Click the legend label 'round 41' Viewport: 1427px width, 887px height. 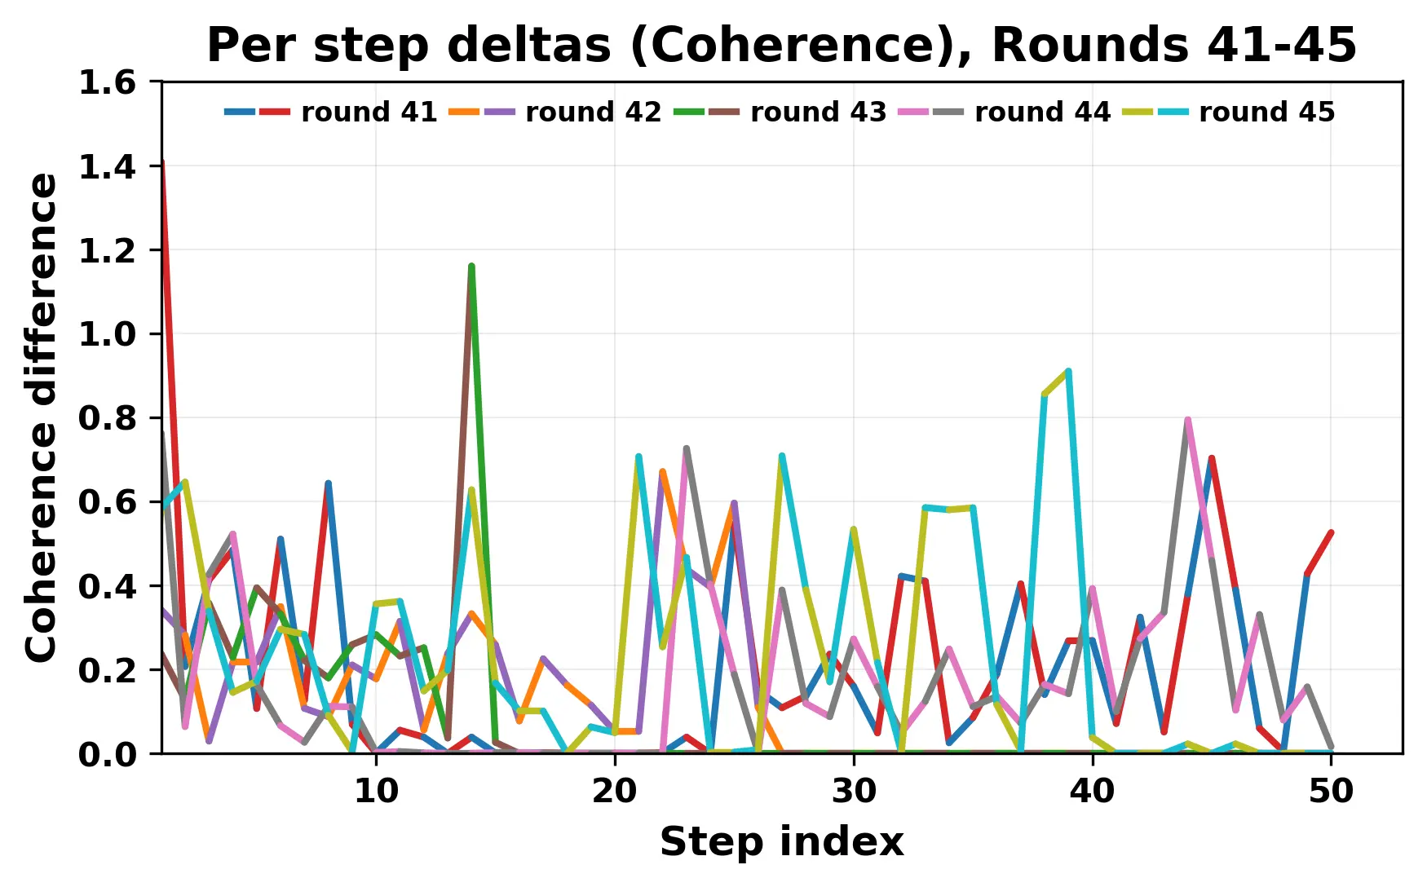tap(369, 112)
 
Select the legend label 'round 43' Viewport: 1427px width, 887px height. tap(818, 112)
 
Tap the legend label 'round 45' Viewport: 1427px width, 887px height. tap(1266, 112)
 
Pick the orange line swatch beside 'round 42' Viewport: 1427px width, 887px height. tap(464, 112)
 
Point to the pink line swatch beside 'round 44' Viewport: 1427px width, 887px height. tap(913, 112)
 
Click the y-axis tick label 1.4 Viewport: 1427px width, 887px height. tap(106, 166)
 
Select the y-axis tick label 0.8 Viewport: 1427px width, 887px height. tap(106, 418)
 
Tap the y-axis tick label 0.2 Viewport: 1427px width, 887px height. tap(106, 670)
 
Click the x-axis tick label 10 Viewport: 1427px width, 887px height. tap(376, 791)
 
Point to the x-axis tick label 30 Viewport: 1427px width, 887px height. tap(854, 791)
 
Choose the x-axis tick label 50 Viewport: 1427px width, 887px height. tap(1331, 791)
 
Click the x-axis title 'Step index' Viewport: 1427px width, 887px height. tap(781, 841)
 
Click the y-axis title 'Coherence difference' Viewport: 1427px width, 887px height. tap(42, 417)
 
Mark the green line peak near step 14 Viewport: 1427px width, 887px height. tap(471, 267)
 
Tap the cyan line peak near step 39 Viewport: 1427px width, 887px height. tap(1068, 372)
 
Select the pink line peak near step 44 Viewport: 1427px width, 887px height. tap(1188, 420)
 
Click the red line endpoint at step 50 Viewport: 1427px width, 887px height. tap(1331, 532)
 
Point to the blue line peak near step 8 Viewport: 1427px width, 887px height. tap(328, 483)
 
